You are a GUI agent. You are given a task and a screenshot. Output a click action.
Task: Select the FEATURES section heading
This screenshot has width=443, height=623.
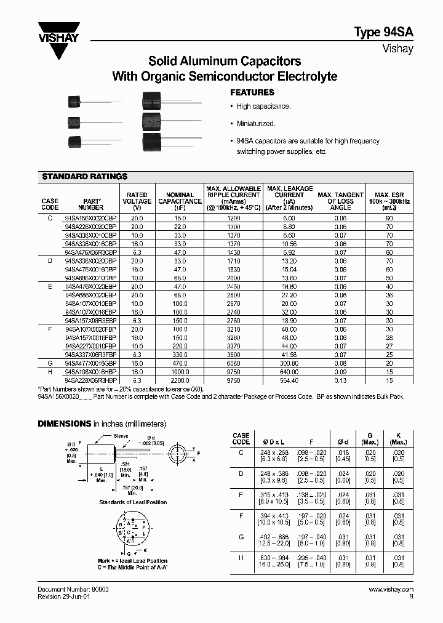tap(252, 92)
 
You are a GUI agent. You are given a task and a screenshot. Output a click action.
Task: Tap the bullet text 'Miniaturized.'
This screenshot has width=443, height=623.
tap(255, 123)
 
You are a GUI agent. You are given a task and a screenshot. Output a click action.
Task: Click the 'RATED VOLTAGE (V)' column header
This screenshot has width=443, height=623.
tap(137, 201)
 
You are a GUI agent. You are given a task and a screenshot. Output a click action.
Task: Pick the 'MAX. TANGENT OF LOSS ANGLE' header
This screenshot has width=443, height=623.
tap(340, 201)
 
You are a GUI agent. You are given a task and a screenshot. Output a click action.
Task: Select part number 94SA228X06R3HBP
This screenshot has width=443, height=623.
tap(90, 381)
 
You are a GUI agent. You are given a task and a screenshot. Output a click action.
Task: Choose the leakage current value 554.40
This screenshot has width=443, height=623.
tap(289, 381)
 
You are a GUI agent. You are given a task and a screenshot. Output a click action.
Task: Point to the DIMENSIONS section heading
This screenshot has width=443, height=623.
tap(64, 424)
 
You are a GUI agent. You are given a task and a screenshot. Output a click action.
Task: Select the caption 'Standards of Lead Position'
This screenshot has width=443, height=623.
tap(133, 502)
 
